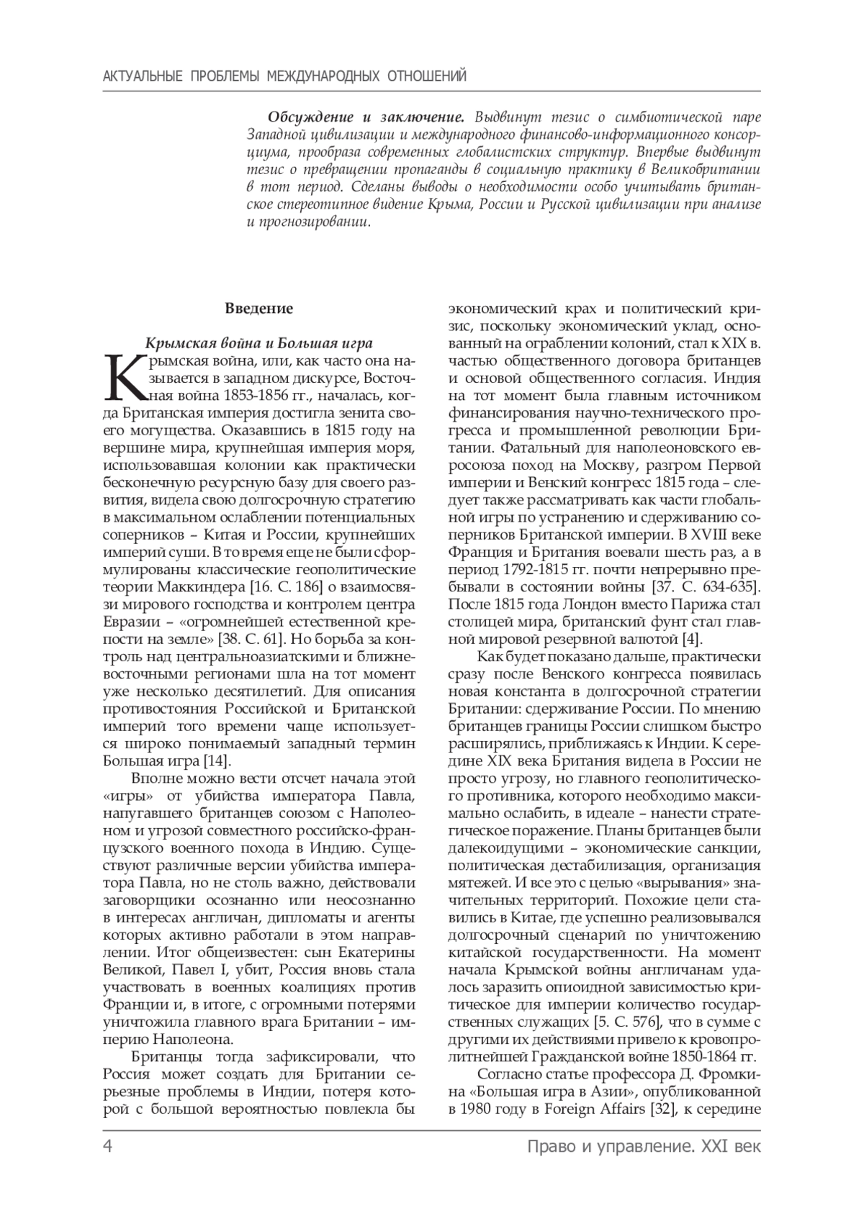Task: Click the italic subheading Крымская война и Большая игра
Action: pyautogui.click(x=259, y=342)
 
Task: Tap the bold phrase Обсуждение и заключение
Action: pyautogui.click(x=366, y=117)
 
